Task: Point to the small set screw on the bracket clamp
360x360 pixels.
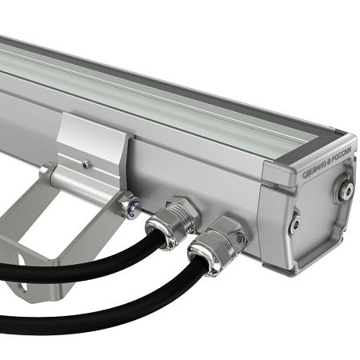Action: (86, 165)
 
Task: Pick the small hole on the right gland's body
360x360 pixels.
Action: (240, 238)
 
